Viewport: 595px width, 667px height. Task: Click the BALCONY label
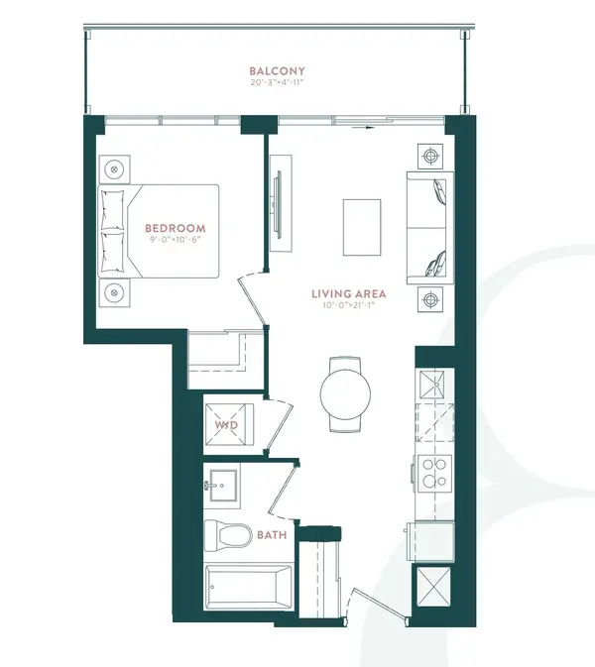pos(277,71)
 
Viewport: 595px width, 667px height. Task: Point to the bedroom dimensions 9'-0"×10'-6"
pos(175,239)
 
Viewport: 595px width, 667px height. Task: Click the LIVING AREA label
pos(348,294)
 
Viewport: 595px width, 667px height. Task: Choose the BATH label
pos(272,535)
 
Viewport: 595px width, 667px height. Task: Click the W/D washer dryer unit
pos(229,426)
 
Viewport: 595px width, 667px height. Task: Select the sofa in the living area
pos(428,225)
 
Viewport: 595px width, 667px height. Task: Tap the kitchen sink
pos(432,388)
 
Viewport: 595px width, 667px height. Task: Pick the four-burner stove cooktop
pos(434,473)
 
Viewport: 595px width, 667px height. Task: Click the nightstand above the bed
pos(114,166)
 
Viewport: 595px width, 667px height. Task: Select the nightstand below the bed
pos(114,292)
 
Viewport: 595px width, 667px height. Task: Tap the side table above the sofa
pos(430,156)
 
